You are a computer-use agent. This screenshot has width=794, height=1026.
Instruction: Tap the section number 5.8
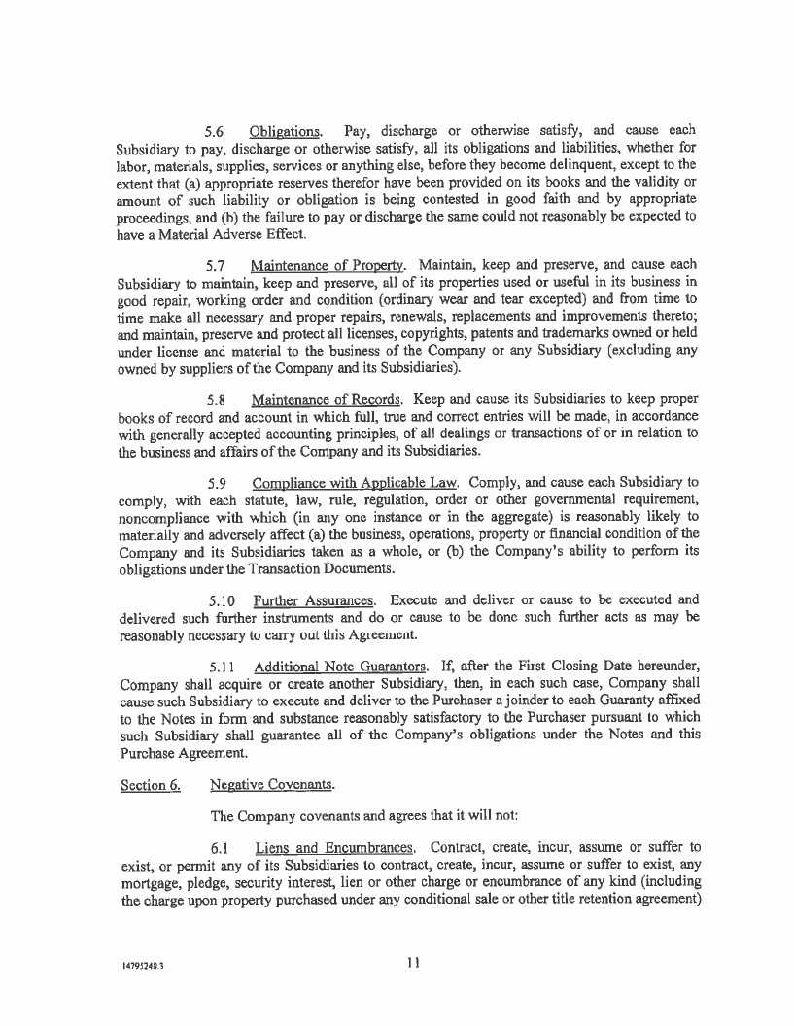pos(218,399)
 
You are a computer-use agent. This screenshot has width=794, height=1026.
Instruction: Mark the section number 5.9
pos(218,482)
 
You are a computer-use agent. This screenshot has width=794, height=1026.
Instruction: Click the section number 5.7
pos(218,265)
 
